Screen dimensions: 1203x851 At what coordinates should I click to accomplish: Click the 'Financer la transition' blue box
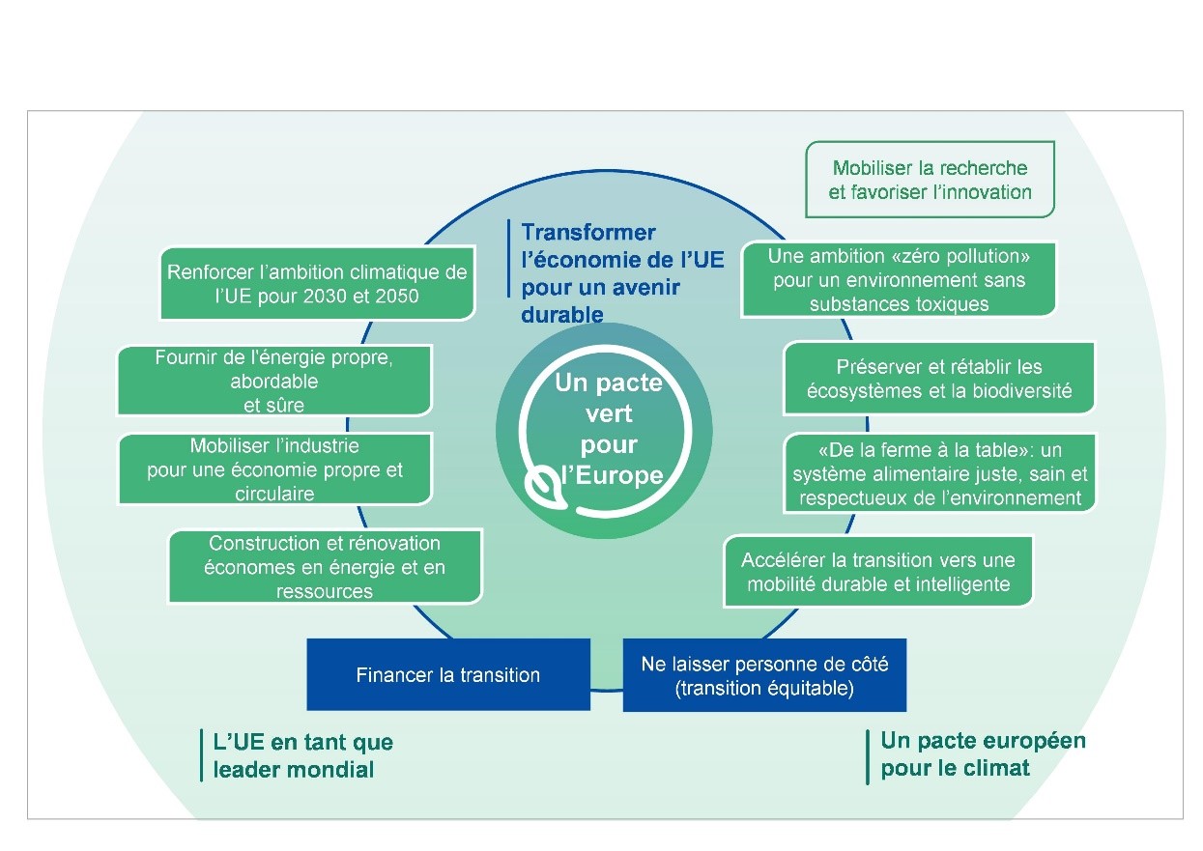click(448, 674)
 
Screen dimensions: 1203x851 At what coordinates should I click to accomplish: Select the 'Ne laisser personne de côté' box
click(764, 675)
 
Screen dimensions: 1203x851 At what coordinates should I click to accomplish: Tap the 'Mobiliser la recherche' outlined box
click(930, 180)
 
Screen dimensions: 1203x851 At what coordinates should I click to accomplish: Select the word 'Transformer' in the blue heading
click(588, 233)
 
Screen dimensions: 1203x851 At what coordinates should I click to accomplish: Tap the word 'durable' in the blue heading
click(562, 315)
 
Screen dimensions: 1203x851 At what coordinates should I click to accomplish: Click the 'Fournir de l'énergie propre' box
click(273, 381)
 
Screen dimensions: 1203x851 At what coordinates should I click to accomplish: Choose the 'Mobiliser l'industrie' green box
click(274, 469)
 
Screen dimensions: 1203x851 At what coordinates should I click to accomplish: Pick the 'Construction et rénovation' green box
click(325, 567)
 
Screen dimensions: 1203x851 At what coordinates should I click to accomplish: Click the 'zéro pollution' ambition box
click(899, 279)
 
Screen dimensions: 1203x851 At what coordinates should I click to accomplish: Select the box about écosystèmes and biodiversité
click(939, 379)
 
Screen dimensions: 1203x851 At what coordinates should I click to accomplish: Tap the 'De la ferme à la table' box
click(940, 473)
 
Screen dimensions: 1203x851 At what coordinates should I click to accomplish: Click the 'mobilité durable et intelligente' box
click(878, 571)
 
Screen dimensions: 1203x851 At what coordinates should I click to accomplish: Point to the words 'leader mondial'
click(293, 770)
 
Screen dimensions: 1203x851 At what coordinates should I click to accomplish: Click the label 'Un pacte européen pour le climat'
click(983, 754)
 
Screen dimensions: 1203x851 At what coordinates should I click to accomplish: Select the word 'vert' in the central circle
click(609, 413)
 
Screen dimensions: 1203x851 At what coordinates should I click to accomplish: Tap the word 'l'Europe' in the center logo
click(613, 475)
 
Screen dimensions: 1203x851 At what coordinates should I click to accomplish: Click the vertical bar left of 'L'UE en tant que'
click(201, 755)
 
